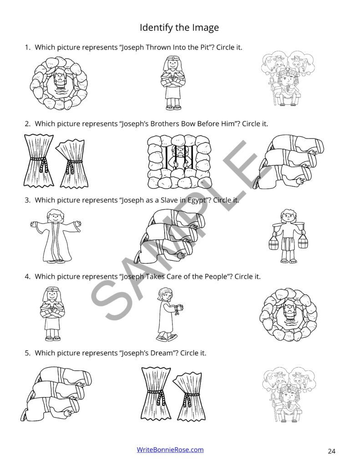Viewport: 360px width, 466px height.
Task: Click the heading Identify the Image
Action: pos(179,28)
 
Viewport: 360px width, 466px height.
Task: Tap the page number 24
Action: pos(331,451)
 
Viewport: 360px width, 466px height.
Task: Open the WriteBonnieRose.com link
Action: pos(170,450)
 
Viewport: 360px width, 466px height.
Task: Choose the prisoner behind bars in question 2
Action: pos(180,161)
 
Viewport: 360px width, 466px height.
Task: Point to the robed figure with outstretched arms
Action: pos(56,236)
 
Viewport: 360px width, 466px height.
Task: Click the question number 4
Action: pos(27,276)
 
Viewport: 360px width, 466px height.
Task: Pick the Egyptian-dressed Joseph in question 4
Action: pos(52,314)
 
